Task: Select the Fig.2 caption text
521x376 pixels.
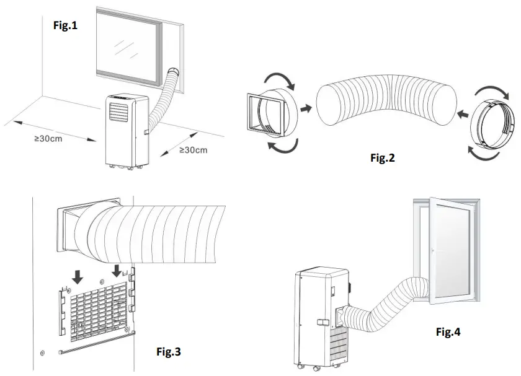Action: click(x=383, y=158)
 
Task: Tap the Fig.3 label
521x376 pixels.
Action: click(x=167, y=352)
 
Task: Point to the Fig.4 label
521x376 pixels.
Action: click(x=448, y=332)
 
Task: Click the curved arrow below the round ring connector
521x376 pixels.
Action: click(x=483, y=154)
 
